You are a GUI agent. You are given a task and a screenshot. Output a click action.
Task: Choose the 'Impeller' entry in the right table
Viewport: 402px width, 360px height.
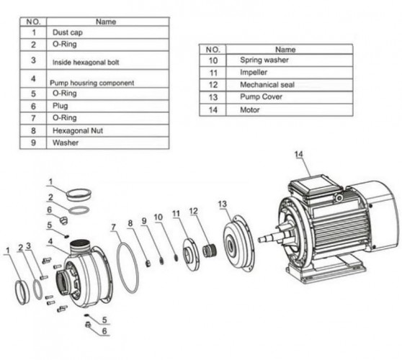pos(253,73)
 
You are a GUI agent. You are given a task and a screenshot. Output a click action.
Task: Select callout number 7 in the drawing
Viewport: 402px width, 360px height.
pos(114,229)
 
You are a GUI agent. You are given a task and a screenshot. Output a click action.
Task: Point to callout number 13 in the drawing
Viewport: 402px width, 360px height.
pos(223,203)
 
